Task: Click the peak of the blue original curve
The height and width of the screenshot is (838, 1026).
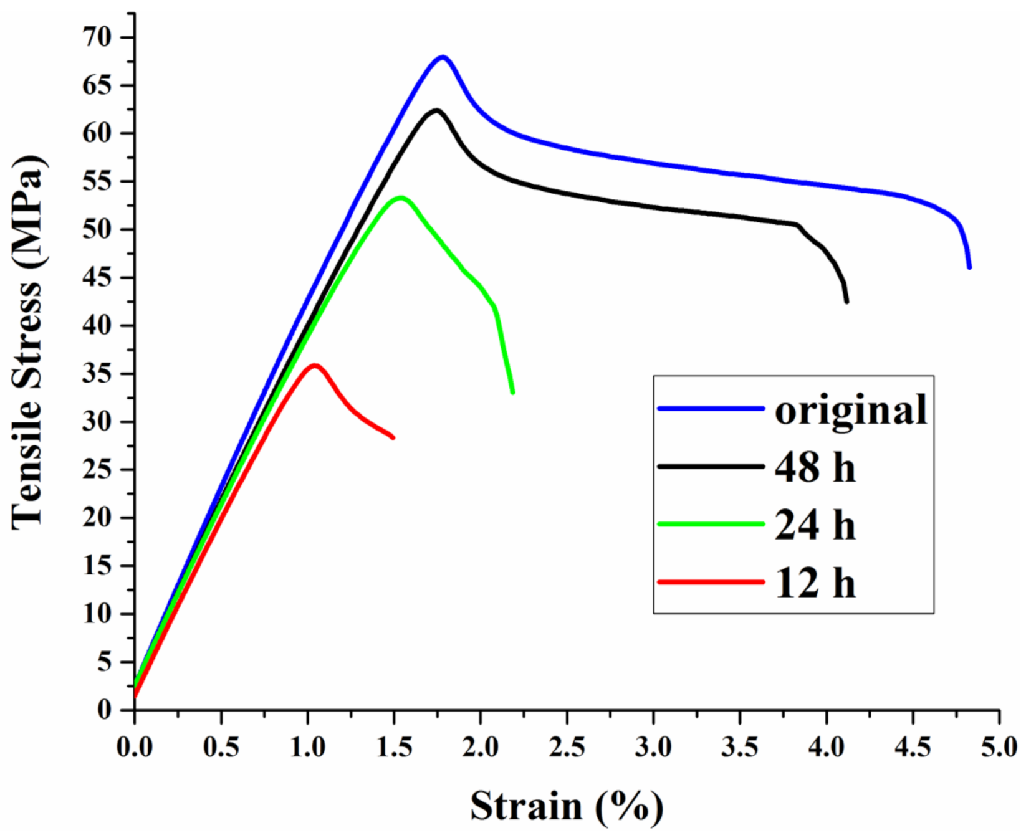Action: (443, 57)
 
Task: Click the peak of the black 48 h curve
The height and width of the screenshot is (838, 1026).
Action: (436, 110)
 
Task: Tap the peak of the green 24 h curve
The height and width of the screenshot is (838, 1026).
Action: (401, 198)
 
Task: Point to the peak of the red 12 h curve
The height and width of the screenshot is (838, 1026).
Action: (315, 365)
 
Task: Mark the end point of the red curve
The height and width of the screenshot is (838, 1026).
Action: (393, 437)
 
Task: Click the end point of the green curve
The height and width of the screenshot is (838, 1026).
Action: (512, 392)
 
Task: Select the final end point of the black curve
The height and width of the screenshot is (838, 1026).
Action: (846, 302)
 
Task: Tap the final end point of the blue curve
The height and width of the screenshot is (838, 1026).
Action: (969, 267)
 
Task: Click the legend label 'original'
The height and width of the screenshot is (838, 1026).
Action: (851, 410)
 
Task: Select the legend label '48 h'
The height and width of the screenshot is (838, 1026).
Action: (815, 467)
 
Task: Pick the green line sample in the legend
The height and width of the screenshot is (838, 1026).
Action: (711, 524)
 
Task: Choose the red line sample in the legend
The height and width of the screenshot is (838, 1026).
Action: (711, 582)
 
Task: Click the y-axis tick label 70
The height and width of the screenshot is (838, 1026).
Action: (98, 38)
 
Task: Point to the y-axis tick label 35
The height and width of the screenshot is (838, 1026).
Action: (98, 374)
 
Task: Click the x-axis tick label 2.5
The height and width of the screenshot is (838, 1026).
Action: (567, 746)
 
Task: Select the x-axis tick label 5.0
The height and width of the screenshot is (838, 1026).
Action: (999, 746)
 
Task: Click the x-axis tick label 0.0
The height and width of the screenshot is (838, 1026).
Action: (135, 746)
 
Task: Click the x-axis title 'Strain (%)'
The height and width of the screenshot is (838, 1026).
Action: (567, 806)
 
